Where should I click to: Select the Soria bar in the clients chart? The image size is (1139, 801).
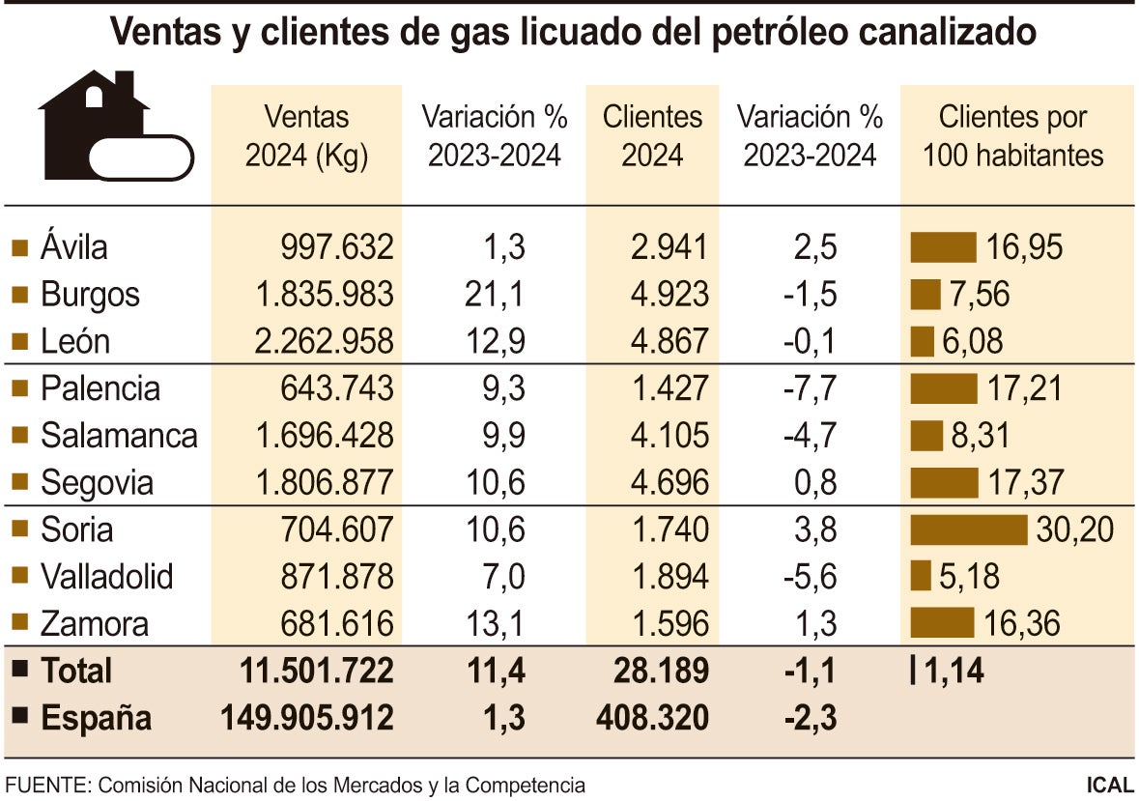click(x=969, y=529)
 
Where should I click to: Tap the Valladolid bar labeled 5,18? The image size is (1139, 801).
click(x=921, y=577)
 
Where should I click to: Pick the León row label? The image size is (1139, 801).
click(x=75, y=341)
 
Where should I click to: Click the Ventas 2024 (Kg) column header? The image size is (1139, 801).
click(x=306, y=136)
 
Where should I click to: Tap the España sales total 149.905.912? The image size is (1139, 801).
click(x=307, y=719)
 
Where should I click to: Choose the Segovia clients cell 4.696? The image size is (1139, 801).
click(x=667, y=482)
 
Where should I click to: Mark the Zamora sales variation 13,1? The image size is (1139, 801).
click(x=498, y=624)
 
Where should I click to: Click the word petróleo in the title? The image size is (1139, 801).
click(x=764, y=33)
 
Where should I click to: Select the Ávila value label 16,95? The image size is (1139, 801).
click(x=1024, y=247)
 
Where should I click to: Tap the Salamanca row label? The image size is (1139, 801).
click(x=119, y=436)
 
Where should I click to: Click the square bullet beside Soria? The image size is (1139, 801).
click(x=18, y=529)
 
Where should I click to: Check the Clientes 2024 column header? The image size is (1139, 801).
click(x=652, y=136)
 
